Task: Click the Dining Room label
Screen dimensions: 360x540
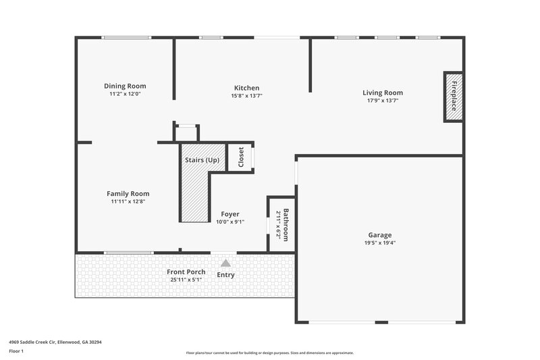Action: tap(125, 86)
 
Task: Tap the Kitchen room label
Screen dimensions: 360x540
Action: tap(246, 88)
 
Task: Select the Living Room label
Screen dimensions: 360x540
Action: tap(383, 93)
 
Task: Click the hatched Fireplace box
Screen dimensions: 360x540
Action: tap(454, 97)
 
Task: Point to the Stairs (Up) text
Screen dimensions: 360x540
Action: tap(202, 160)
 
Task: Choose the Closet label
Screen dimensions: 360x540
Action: tap(241, 157)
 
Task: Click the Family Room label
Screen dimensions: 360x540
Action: tap(128, 193)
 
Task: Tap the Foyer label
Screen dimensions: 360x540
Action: tap(230, 214)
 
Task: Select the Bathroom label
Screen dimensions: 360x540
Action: tap(286, 224)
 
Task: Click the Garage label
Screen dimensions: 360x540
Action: tap(380, 234)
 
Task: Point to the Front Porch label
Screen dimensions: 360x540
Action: tap(186, 272)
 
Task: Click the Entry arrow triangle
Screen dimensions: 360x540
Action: tap(225, 263)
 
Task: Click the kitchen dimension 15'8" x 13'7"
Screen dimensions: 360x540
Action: tap(246, 96)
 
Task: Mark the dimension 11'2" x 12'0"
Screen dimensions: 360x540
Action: tap(125, 94)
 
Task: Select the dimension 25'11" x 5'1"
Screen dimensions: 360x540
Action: tap(186, 279)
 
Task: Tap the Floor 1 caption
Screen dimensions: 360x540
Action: tap(17, 351)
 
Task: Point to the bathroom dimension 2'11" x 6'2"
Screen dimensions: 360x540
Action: tap(278, 224)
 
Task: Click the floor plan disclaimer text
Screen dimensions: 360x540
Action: tap(269, 353)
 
